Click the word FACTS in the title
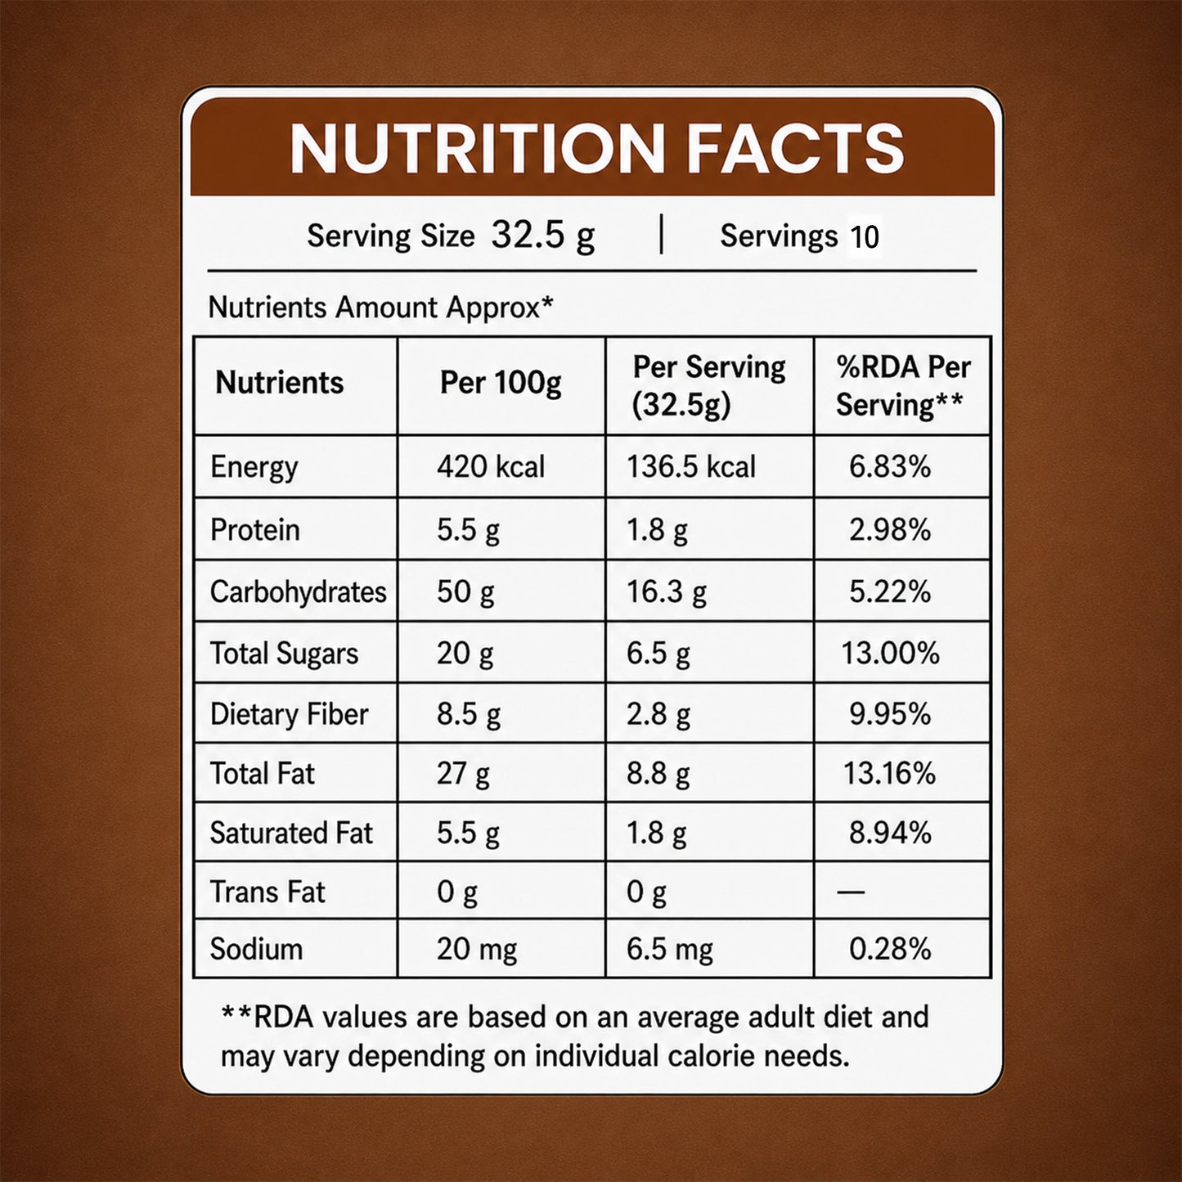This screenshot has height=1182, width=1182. coord(795,148)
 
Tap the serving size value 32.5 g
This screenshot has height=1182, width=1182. coord(543,236)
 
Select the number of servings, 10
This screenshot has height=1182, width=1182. coord(865,237)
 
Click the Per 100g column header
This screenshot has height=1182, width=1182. coord(501,384)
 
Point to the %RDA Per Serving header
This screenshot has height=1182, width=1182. coord(902,386)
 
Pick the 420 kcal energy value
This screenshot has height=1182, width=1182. coord(491,467)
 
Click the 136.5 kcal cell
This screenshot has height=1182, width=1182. coord(691,467)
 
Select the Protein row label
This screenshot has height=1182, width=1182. coord(255,530)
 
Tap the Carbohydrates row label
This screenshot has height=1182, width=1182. coord(298,592)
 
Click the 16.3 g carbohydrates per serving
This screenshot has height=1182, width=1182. coord(666,592)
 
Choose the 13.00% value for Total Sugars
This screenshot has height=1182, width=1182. coord(890,654)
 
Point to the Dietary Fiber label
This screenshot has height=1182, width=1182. coord(289,715)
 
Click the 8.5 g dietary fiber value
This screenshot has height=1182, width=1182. coord(469,715)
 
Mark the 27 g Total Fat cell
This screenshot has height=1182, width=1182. coord(463,774)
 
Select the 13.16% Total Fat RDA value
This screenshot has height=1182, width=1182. coord(889,774)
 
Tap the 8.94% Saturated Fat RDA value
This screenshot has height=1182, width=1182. coord(890,834)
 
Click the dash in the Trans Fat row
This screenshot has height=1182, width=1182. coord(851,892)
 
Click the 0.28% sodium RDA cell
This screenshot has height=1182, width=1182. coord(890,950)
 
